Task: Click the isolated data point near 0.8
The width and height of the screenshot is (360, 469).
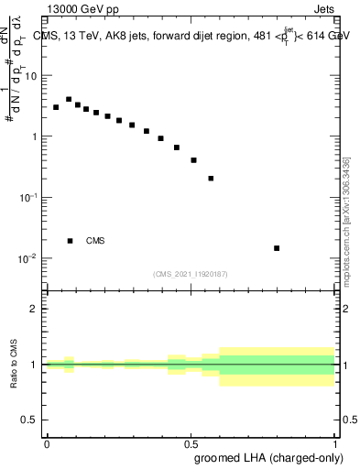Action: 277,248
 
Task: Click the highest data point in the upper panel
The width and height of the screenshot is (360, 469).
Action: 69,99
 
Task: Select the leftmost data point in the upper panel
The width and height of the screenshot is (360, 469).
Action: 56,107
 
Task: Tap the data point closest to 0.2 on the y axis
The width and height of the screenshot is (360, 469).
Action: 211,179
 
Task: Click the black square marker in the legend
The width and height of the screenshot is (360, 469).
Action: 71,241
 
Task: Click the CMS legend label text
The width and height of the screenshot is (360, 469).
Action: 95,241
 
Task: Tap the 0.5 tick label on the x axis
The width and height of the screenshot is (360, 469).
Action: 191,443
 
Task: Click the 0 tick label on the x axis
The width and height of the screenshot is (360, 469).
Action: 47,443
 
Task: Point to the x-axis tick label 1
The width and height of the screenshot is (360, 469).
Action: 334,443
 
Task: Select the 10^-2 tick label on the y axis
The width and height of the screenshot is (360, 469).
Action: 30,258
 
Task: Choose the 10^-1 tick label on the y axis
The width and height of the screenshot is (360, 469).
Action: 30,198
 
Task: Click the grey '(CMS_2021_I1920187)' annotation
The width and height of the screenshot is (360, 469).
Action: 190,273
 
